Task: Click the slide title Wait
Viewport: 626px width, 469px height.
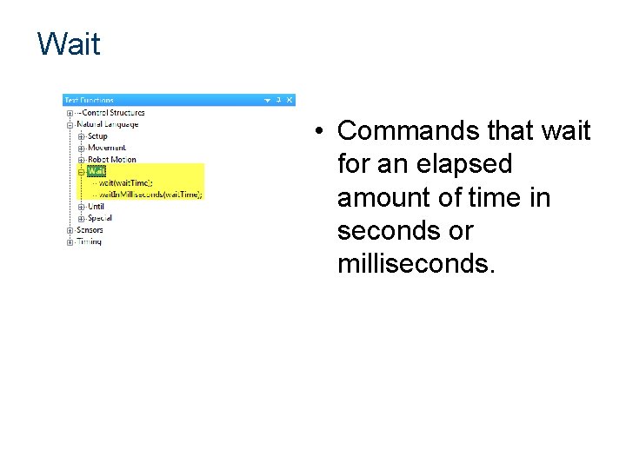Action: [69, 43]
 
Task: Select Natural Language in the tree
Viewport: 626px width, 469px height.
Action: [108, 124]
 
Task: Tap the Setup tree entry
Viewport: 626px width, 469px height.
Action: [97, 135]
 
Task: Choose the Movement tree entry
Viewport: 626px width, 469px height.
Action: [106, 148]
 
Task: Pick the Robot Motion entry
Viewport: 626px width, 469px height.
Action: [111, 159]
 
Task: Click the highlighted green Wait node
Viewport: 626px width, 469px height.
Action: [96, 171]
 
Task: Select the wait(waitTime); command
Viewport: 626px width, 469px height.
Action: [125, 182]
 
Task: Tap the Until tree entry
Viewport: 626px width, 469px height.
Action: [96, 206]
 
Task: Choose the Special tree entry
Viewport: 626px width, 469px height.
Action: [100, 218]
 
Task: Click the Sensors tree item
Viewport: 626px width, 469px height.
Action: [90, 229]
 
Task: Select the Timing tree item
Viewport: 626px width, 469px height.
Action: [89, 241]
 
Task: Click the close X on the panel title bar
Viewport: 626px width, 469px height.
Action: [290, 100]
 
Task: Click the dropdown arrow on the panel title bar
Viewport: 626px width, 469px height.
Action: [268, 100]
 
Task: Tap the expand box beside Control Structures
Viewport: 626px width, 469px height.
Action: [70, 112]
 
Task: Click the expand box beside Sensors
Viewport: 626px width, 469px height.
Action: [70, 230]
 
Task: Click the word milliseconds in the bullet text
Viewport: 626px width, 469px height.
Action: [416, 264]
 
